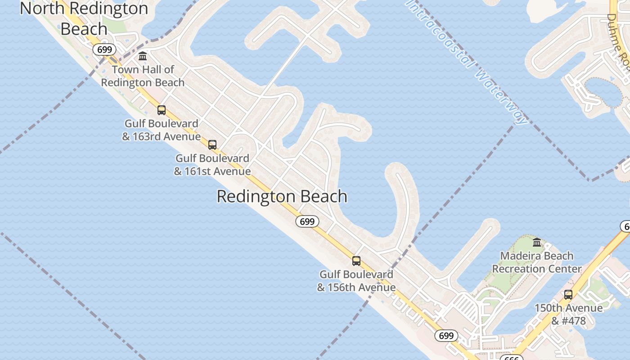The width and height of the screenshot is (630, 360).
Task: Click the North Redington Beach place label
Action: [84, 18]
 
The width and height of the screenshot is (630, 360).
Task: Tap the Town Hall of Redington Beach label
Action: [143, 76]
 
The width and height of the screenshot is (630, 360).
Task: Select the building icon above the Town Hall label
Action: [143, 56]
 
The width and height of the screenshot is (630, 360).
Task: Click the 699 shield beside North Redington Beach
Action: [104, 49]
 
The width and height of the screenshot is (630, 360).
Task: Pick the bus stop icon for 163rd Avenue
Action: [162, 110]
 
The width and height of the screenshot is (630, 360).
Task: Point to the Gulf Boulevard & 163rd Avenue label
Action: [161, 130]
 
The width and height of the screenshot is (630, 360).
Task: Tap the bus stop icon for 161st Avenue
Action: [212, 145]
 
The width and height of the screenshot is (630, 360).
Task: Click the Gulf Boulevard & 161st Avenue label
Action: [212, 165]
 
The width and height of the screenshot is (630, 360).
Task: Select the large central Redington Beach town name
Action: [282, 197]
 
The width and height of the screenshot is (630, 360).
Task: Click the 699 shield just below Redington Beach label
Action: [307, 221]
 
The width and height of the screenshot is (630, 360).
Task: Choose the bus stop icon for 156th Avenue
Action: [356, 261]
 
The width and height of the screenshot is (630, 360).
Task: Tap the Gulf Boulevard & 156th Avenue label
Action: [356, 281]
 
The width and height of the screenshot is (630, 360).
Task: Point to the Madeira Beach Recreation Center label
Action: [537, 262]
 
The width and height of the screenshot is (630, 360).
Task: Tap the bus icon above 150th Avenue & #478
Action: [568, 295]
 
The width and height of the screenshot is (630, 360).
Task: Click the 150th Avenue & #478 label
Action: [568, 314]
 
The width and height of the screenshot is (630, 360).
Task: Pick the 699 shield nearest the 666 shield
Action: [446, 336]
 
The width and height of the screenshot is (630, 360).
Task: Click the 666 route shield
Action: [511, 358]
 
